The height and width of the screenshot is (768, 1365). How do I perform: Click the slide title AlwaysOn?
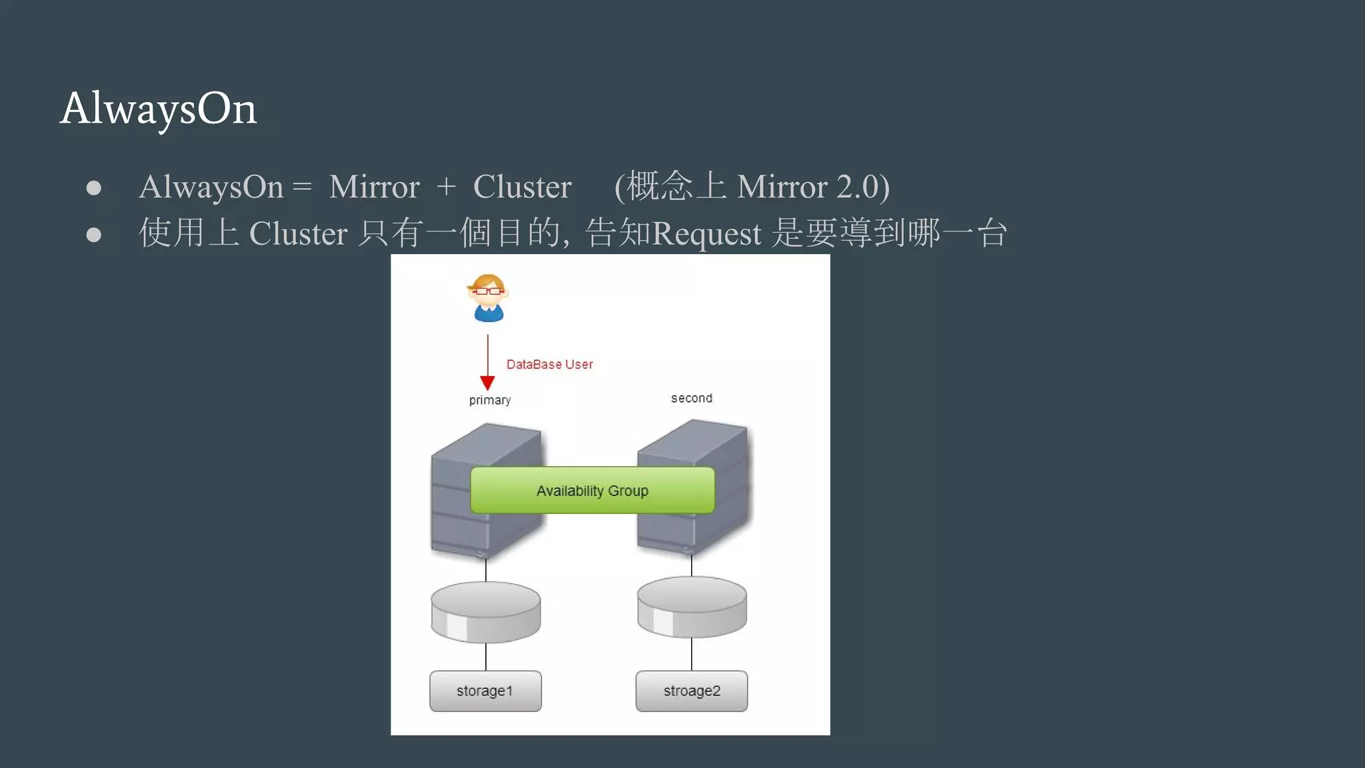click(x=158, y=108)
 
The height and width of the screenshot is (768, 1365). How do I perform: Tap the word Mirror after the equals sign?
click(x=374, y=187)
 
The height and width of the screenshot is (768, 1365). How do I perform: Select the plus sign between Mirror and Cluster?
click(x=446, y=187)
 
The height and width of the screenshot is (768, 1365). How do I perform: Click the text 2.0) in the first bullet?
click(x=862, y=187)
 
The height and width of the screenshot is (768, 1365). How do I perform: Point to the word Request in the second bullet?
click(x=706, y=233)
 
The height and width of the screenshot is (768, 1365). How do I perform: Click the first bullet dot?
click(x=94, y=188)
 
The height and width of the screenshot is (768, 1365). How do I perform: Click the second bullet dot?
click(x=94, y=235)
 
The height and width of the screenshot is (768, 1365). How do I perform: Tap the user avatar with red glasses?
click(x=488, y=297)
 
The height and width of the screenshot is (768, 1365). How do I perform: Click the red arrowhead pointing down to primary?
click(x=487, y=383)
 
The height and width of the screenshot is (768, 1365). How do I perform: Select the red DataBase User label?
click(x=549, y=365)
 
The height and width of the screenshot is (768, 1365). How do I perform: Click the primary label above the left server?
click(x=490, y=400)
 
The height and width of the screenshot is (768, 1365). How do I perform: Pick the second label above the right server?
click(x=691, y=398)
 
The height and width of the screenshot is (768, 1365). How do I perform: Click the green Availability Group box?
click(x=592, y=491)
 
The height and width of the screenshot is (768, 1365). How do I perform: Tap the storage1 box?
click(x=485, y=691)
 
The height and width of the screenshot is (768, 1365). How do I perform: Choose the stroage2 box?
click(x=691, y=691)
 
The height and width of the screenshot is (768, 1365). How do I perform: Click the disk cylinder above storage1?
click(x=485, y=611)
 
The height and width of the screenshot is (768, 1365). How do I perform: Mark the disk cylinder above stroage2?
click(x=691, y=607)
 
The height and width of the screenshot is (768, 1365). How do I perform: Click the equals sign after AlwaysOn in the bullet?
click(x=302, y=187)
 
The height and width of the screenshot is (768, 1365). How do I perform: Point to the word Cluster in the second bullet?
click(x=298, y=233)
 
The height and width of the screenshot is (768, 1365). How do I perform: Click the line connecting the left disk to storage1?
click(x=486, y=657)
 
